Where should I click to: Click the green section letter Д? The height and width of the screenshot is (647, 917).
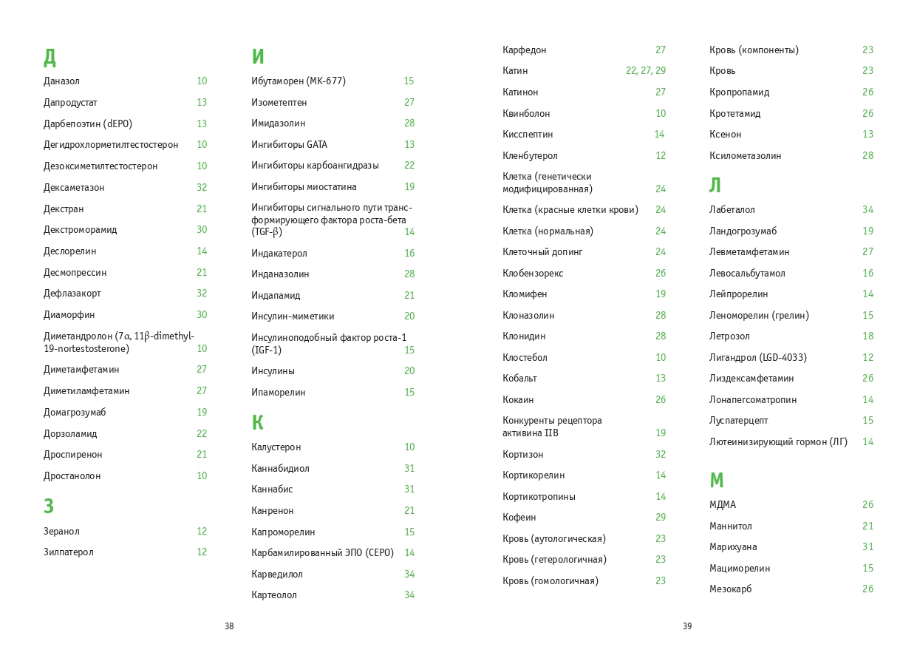50,57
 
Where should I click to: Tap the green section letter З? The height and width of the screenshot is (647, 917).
49,507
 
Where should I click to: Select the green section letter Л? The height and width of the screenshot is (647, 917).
715,186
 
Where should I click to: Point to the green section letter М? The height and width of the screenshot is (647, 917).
716,481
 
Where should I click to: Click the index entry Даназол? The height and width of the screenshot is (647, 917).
61,81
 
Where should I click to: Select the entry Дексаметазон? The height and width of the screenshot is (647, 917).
74,188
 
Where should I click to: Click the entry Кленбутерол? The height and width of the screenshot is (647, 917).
530,156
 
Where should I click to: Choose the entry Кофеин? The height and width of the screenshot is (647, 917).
519,518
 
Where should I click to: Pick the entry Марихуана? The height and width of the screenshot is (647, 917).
733,547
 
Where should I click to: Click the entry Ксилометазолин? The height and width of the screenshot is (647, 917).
745,156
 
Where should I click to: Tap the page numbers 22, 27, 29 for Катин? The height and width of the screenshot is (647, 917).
645,71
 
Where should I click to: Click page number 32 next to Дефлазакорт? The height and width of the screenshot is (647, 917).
202,294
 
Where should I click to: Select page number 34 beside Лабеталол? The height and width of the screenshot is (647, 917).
867,210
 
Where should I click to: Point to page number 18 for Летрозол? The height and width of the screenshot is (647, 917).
867,336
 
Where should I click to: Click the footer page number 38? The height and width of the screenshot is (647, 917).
229,626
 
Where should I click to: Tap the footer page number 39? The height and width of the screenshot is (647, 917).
687,626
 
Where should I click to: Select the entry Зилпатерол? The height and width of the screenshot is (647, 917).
69,552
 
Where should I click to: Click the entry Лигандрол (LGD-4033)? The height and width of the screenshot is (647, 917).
757,358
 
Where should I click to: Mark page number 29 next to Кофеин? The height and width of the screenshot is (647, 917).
661,518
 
